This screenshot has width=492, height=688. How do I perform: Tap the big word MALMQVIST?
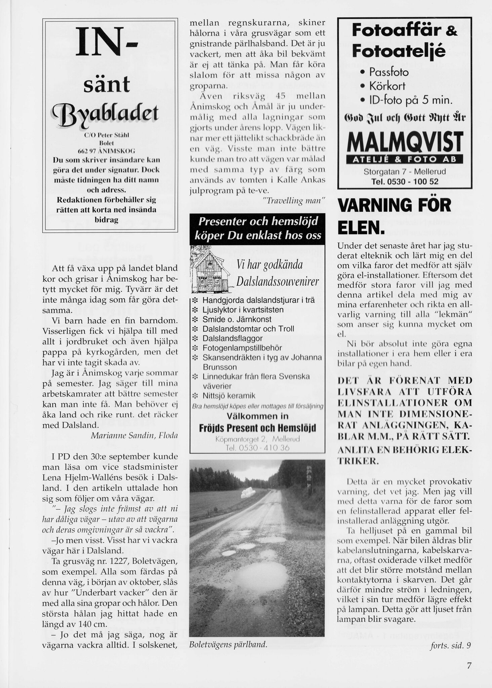click(405, 141)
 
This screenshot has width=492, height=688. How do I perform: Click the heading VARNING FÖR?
click(395, 206)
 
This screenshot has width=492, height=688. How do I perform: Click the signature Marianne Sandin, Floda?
click(134, 435)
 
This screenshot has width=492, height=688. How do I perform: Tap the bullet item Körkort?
click(387, 86)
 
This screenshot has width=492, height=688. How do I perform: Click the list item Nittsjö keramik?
click(229, 396)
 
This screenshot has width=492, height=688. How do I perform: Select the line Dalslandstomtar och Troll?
click(248, 329)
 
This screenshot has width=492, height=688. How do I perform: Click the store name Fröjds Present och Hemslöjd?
click(257, 429)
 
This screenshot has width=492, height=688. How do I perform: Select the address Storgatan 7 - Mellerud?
click(405, 172)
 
